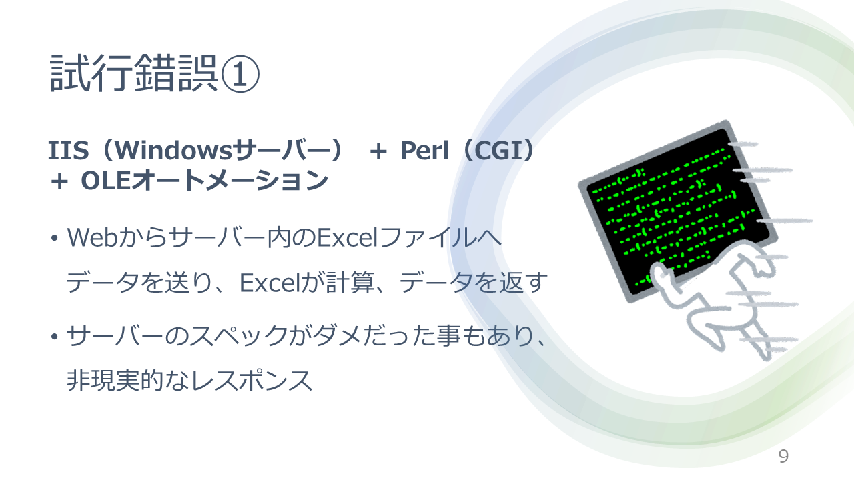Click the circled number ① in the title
[x=240, y=73]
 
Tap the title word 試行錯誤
[x=134, y=73]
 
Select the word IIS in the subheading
[x=68, y=150]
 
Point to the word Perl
[x=424, y=150]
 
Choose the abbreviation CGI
[x=500, y=150]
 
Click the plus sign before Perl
[x=378, y=151]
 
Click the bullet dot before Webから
[x=54, y=238]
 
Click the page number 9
[x=783, y=456]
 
